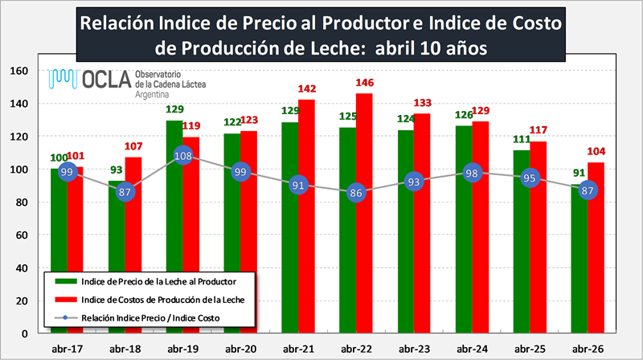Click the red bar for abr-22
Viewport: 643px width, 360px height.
[x=364, y=213]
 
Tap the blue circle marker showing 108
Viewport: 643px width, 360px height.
[x=183, y=156]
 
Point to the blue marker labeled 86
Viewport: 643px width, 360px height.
[x=355, y=193]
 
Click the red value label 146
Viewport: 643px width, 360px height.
[x=365, y=83]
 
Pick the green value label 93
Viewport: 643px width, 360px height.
[x=116, y=170]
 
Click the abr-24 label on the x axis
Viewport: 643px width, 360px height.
[x=472, y=349]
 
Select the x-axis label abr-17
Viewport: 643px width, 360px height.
[x=68, y=349]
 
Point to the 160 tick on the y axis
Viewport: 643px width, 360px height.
[x=18, y=71]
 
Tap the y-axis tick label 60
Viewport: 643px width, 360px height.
[x=22, y=235]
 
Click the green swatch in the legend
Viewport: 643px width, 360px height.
[x=66, y=282]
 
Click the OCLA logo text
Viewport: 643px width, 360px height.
[x=107, y=79]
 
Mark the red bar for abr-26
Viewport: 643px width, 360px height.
[x=596, y=247]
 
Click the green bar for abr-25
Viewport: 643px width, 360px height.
[x=522, y=242]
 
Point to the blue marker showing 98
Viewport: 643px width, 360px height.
[x=472, y=174]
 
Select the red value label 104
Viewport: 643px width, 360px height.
[x=596, y=152]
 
